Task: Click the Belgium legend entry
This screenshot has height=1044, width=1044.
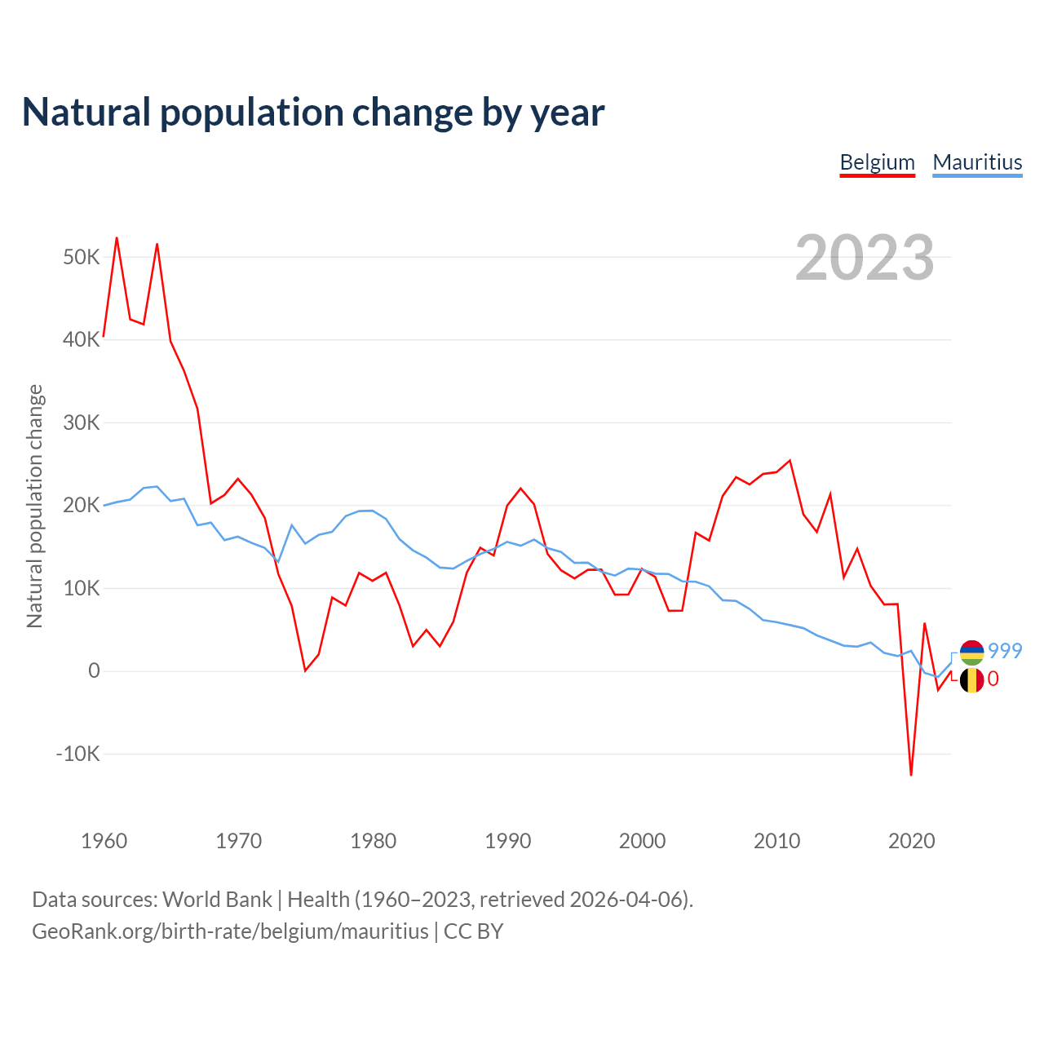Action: click(x=877, y=162)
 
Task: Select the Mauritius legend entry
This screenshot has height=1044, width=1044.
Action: click(x=977, y=162)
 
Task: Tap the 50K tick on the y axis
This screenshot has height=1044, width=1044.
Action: click(x=82, y=258)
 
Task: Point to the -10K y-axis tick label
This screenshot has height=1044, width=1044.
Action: click(x=77, y=754)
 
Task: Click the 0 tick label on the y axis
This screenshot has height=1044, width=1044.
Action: click(x=94, y=670)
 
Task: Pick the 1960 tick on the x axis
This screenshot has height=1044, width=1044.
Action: click(x=104, y=841)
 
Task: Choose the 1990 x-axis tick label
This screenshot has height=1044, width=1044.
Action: click(x=507, y=841)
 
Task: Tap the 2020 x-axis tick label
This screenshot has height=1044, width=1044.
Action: click(x=911, y=841)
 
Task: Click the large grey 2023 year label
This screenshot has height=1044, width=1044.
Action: click(x=865, y=258)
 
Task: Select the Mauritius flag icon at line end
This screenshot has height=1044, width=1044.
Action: click(x=971, y=652)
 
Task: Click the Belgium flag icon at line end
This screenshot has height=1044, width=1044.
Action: click(x=971, y=680)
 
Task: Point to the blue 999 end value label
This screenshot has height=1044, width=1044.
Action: click(x=1005, y=651)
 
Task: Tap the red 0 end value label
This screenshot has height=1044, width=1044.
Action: click(x=993, y=679)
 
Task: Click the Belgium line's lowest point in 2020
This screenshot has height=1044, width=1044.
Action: click(x=911, y=774)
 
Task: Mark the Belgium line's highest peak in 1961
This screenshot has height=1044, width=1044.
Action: click(x=117, y=238)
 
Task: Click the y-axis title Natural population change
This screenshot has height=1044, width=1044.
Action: click(x=35, y=506)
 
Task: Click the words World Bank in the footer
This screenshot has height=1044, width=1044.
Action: click(x=217, y=900)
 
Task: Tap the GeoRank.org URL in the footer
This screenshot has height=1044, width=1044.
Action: click(x=230, y=931)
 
